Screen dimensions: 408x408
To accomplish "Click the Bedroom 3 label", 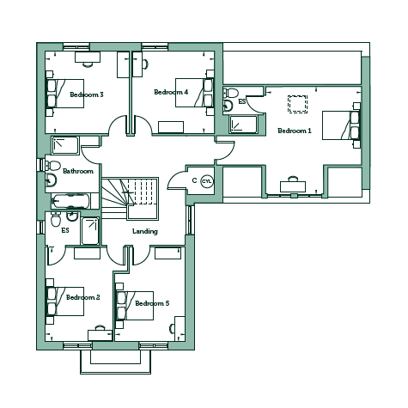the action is click(x=87, y=94).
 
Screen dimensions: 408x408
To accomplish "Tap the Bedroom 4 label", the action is click(x=171, y=92).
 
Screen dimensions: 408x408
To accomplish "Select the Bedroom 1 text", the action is click(x=295, y=131).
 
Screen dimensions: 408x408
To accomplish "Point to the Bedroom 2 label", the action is click(x=83, y=297).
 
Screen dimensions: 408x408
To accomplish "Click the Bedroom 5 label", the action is click(x=152, y=303).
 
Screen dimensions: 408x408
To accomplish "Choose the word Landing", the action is click(x=145, y=231).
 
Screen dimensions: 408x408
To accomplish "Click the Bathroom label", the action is click(x=78, y=171).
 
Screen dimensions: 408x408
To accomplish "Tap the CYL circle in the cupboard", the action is click(x=207, y=181).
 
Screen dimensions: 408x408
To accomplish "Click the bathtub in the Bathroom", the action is click(x=70, y=201).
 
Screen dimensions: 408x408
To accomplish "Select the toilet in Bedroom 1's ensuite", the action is click(x=231, y=92).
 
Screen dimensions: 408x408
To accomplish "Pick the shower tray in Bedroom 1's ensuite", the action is click(x=243, y=125).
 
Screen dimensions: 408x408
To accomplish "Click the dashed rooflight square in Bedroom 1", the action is click(x=297, y=104).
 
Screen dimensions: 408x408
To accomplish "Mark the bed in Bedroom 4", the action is click(x=194, y=93).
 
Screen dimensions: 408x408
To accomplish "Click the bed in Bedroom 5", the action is click(x=135, y=306).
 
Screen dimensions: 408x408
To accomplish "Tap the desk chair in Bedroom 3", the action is click(x=88, y=64).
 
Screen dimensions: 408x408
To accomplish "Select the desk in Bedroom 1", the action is click(x=293, y=186).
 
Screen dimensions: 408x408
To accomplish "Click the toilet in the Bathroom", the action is click(x=52, y=165).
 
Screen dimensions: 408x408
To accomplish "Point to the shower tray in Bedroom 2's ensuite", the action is click(x=90, y=231).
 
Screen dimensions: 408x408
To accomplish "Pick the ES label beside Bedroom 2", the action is click(x=65, y=230).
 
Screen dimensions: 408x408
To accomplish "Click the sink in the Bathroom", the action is click(x=51, y=180).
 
